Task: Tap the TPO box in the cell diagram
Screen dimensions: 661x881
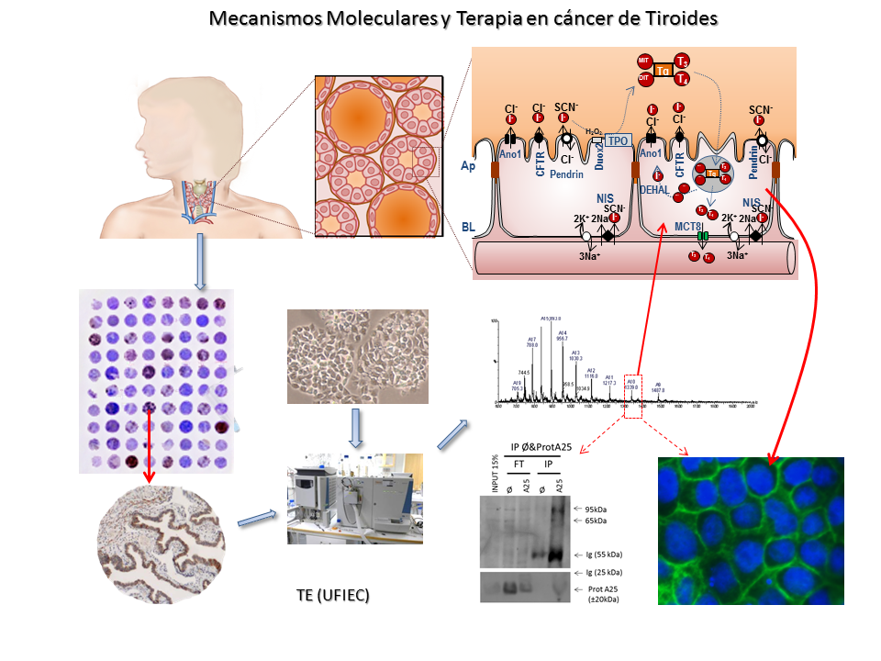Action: click(x=619, y=140)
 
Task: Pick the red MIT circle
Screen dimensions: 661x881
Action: click(x=644, y=62)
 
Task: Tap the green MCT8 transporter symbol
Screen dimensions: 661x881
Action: click(x=703, y=237)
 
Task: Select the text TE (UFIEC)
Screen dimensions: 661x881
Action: click(x=332, y=596)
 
